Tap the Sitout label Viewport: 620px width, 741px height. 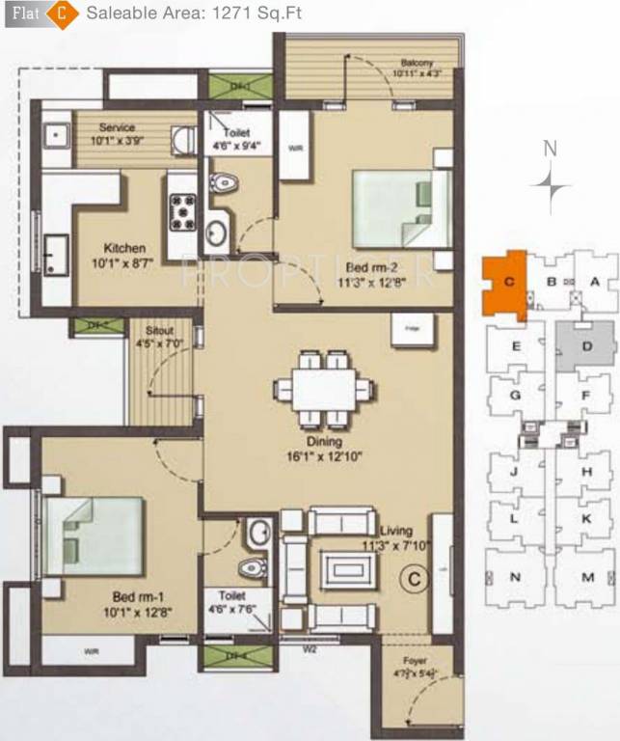tap(150, 329)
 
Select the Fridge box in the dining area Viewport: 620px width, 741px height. tap(403, 329)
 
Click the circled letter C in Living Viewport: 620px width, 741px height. tap(413, 579)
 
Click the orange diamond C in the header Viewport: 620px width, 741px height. tap(63, 15)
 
